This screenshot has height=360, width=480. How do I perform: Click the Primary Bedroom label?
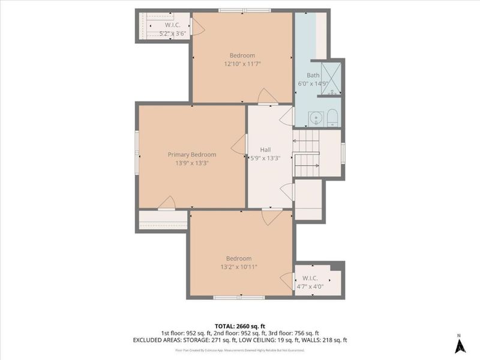point(191,154)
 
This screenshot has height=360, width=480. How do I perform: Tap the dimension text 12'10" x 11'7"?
point(242,63)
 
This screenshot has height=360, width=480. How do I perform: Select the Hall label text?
point(265,150)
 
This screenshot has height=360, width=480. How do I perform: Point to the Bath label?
point(313,76)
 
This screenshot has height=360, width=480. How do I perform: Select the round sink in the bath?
point(314,117)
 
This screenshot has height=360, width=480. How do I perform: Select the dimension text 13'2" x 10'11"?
point(239,266)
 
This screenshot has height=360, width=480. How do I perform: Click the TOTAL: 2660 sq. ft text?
point(239,325)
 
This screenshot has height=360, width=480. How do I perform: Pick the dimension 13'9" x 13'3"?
point(191,163)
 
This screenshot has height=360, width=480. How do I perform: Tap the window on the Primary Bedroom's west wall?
point(137,154)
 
